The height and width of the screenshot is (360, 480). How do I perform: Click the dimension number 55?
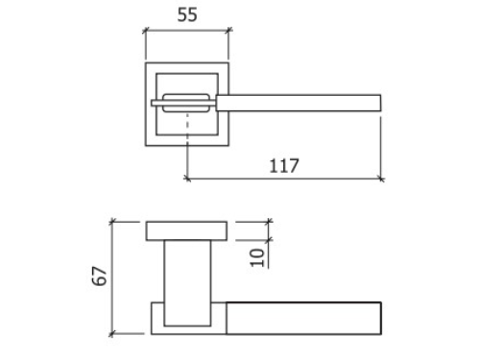(187, 14)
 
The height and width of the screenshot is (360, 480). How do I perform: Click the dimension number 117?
(284, 166)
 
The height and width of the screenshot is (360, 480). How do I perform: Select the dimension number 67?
(99, 276)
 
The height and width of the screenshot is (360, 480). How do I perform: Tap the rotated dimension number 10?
(257, 257)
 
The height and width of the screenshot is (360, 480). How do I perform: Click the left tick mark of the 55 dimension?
(146, 31)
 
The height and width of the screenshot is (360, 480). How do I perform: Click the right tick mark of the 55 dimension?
(228, 31)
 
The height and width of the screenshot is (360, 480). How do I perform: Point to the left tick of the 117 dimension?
(187, 179)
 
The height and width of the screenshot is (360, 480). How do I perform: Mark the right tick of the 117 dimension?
(381, 179)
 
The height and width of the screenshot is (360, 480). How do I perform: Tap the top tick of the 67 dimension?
(111, 222)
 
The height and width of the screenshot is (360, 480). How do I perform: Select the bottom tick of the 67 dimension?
(111, 334)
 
